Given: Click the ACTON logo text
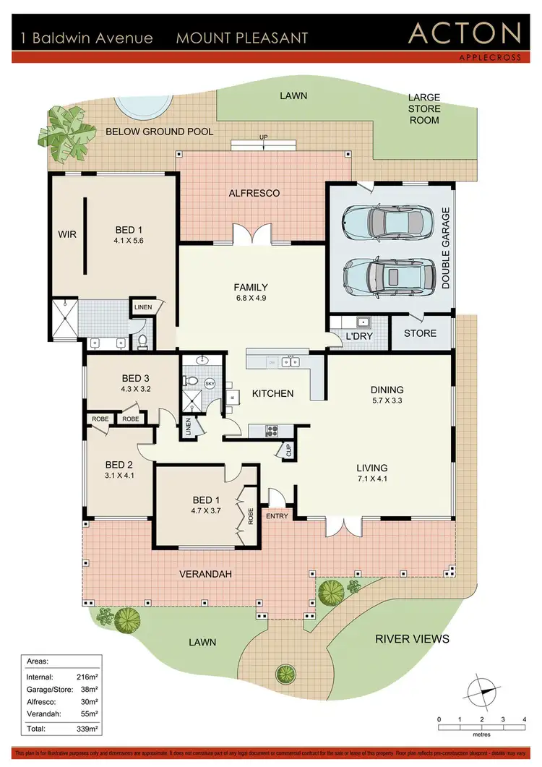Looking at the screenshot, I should [x=464, y=33].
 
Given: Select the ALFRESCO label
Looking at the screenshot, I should [x=254, y=193].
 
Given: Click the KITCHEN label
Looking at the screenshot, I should [x=272, y=393].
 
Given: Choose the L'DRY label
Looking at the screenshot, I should [x=358, y=337].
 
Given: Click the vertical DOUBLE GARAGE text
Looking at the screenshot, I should [x=446, y=249].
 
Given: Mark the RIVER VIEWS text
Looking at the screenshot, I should [x=413, y=638].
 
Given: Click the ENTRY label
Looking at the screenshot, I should [x=277, y=515].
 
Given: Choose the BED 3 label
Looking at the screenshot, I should [x=135, y=378].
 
